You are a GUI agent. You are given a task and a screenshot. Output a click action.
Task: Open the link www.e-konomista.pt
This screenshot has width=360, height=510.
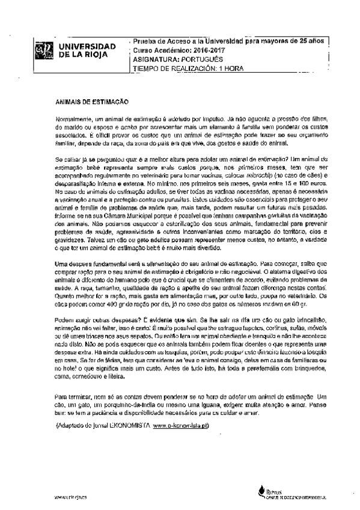[180, 426]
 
